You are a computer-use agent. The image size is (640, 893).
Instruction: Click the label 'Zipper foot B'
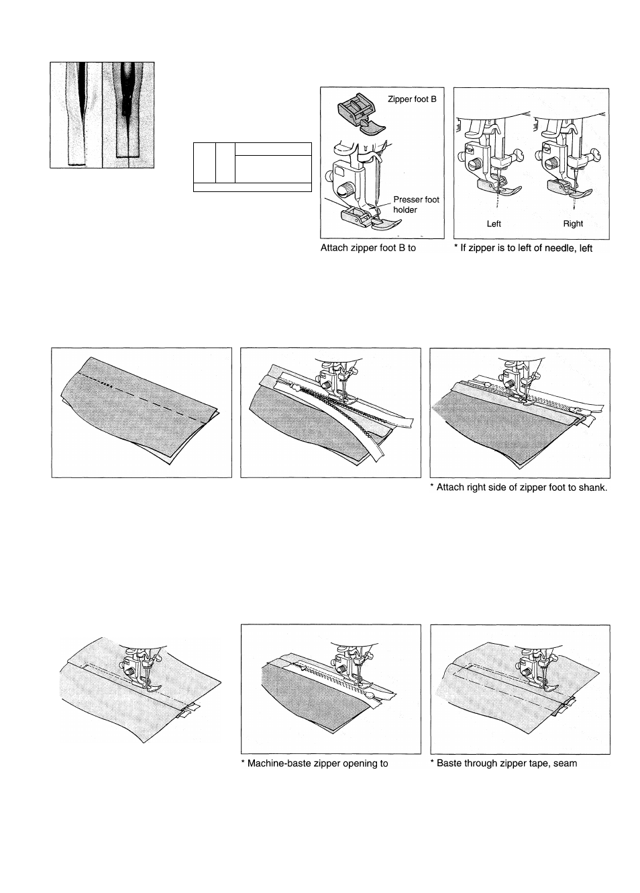click(x=412, y=99)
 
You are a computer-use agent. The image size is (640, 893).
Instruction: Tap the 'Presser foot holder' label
click(x=416, y=205)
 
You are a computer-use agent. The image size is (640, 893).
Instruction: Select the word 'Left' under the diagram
click(x=494, y=224)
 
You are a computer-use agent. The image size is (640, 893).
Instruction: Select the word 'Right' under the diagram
click(x=573, y=224)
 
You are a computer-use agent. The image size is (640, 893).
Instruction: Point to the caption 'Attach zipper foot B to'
click(x=369, y=248)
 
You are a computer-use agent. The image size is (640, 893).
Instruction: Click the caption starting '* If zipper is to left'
click(x=523, y=248)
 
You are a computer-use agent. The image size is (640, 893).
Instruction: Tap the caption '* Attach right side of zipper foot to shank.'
click(x=518, y=487)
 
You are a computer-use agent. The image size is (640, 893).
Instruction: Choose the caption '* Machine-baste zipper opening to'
click(x=314, y=763)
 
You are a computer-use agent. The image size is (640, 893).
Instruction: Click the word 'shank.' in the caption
click(x=592, y=487)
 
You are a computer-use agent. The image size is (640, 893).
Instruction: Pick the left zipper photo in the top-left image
click(x=76, y=114)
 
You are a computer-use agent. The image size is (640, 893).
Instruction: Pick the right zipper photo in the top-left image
click(x=127, y=114)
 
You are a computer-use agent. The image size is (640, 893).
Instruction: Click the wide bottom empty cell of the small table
click(x=252, y=187)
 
